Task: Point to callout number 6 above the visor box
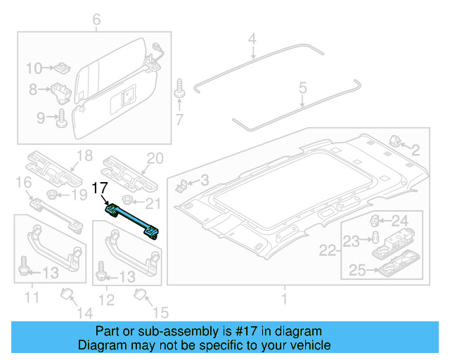click(x=96, y=19)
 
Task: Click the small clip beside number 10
click(x=60, y=68)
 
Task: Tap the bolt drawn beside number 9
click(x=62, y=116)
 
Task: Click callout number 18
click(x=84, y=156)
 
